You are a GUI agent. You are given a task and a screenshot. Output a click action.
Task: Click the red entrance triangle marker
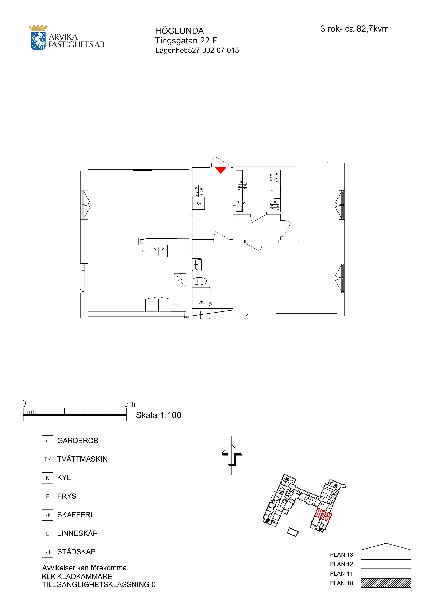click(221, 170)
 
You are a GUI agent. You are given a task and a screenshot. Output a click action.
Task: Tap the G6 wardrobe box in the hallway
click(199, 203)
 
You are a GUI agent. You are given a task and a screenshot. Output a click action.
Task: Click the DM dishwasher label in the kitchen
click(144, 251)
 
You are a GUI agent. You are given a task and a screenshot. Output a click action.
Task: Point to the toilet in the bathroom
click(200, 281)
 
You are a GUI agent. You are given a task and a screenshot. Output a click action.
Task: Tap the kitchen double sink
click(159, 251)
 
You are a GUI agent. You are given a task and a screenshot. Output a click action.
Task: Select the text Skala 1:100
click(159, 415)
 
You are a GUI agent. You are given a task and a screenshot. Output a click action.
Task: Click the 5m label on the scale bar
click(130, 404)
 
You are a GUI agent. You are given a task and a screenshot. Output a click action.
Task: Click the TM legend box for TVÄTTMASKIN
click(47, 459)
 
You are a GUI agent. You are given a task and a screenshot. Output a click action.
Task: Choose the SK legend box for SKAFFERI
click(47, 515)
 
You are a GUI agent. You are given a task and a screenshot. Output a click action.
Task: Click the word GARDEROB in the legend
click(78, 441)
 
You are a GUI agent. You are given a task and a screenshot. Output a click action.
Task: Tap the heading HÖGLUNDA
click(179, 31)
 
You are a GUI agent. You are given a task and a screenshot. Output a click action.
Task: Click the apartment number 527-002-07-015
click(213, 50)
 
